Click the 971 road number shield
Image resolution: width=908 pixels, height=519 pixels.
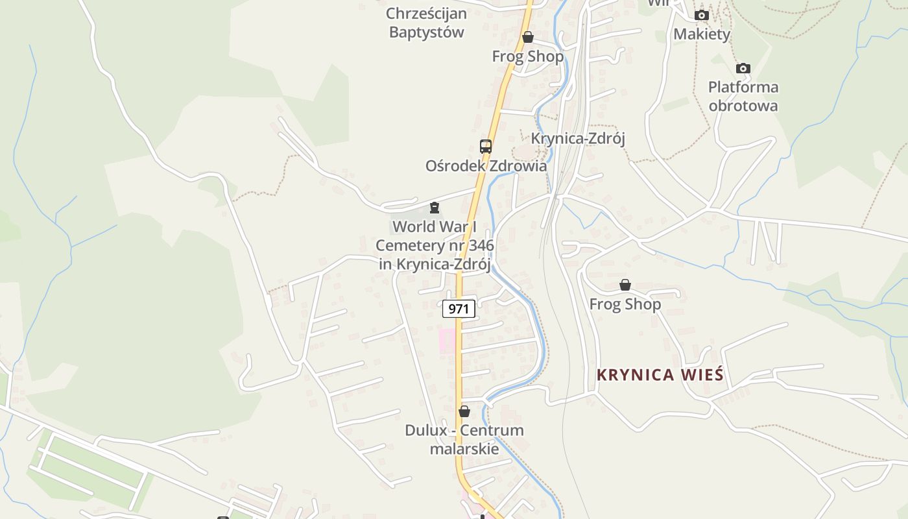[459, 309]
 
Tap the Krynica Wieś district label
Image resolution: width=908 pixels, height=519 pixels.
[660, 375]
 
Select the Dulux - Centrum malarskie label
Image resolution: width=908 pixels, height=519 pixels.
[464, 439]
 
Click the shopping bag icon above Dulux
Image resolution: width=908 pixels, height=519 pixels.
[464, 411]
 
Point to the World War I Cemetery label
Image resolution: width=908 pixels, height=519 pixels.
[435, 245]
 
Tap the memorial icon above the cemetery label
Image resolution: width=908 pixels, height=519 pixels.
[434, 208]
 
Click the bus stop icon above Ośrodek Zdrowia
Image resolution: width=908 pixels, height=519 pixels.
[486, 146]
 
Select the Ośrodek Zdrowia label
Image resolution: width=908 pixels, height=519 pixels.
[486, 165]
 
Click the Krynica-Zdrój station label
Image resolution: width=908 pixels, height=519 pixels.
[578, 138]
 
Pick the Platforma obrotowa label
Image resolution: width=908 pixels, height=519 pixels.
[743, 96]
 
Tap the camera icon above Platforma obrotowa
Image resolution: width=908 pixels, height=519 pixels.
[743, 68]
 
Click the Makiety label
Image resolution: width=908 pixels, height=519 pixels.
[702, 34]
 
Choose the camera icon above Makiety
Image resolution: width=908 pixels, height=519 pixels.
[701, 15]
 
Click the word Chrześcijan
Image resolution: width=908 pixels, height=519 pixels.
[426, 13]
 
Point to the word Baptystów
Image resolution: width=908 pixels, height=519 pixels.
[426, 32]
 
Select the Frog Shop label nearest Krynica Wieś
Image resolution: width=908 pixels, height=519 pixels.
[625, 304]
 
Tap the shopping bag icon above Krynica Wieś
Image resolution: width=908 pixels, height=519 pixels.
[625, 285]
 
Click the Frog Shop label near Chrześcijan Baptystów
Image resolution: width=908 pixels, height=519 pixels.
[528, 56]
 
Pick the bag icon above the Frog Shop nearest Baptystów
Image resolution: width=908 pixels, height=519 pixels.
[528, 37]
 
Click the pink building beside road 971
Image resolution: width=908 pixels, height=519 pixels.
[447, 340]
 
